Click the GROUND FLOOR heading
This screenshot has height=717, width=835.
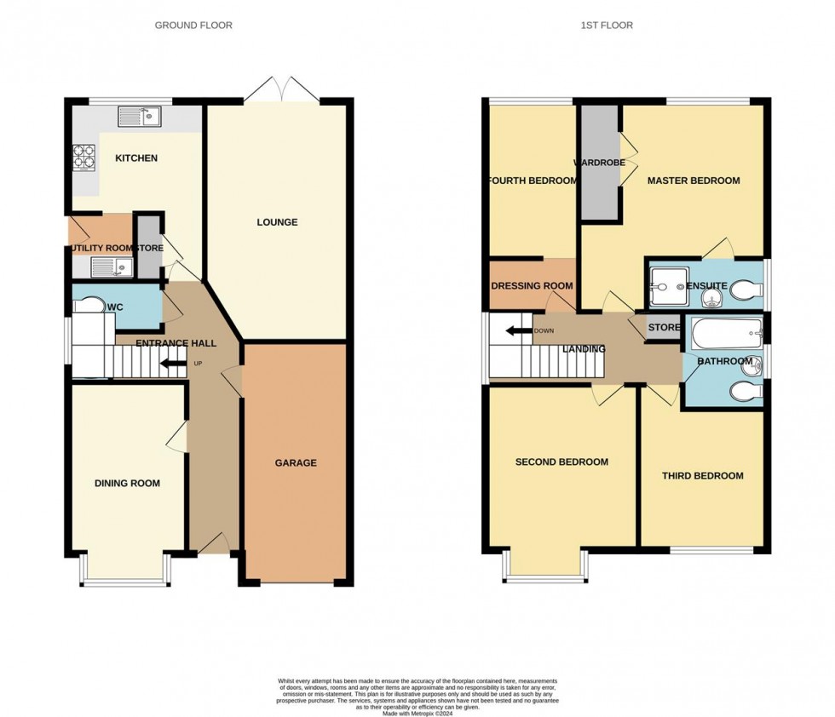coord(193,26)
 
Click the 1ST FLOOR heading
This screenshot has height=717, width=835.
coord(607,26)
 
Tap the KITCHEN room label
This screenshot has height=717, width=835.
coord(136,158)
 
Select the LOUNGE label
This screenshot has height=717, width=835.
coord(278,222)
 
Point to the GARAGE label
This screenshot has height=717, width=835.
coord(296,463)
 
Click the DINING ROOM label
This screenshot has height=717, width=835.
coord(128,484)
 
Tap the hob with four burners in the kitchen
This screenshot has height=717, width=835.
coord(83,157)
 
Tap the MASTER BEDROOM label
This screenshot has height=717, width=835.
coord(693,181)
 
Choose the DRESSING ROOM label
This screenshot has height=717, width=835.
coord(533,286)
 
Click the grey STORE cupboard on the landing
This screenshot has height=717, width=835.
coord(665,328)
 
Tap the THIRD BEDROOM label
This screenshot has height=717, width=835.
coord(703,476)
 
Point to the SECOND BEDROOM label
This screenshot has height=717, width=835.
coord(561,462)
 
